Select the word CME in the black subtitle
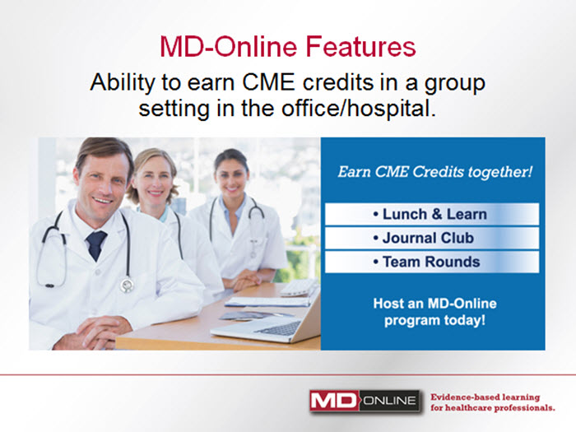coord(268,82)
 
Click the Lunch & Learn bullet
coord(430,214)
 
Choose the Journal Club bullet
coord(423,238)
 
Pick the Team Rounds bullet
coord(426,262)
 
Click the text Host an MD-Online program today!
coord(435,312)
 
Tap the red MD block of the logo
coord(333,401)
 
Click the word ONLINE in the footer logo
coord(390,401)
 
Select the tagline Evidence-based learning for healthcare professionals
coord(493,402)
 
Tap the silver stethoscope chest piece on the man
coord(127,285)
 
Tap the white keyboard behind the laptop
coord(299,288)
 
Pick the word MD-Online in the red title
coord(229,47)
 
